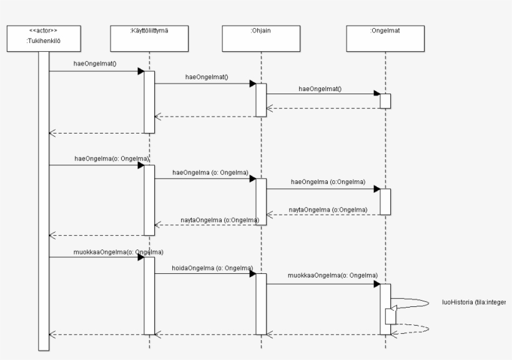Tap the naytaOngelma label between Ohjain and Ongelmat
pos(328,209)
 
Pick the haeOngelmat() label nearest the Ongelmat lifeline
pos(320,89)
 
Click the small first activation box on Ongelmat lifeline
pos(385,101)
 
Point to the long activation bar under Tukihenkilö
pos(44,200)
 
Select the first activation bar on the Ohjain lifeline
pos(261,100)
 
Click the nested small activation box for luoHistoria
pos(390,316)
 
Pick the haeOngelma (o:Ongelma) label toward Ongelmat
pos(328,182)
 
